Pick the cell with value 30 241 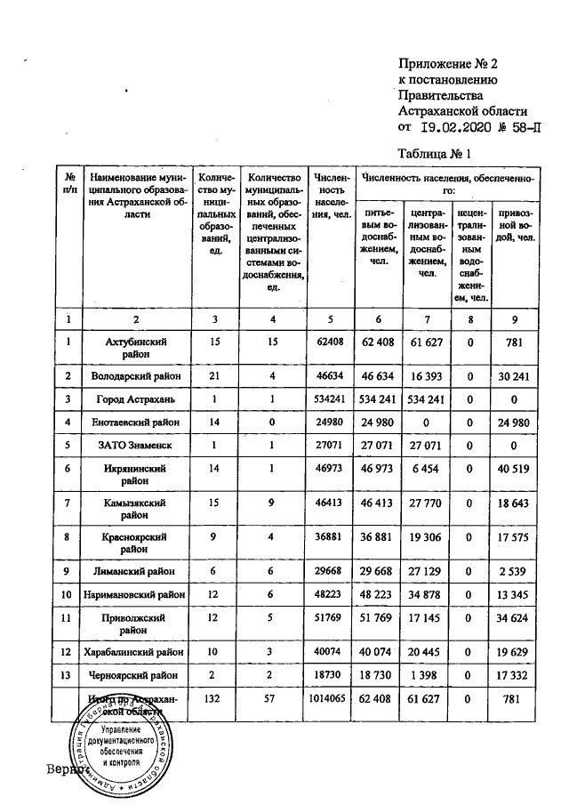(x=514, y=376)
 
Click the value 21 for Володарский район (x=214, y=376)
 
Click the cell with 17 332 (x=514, y=677)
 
